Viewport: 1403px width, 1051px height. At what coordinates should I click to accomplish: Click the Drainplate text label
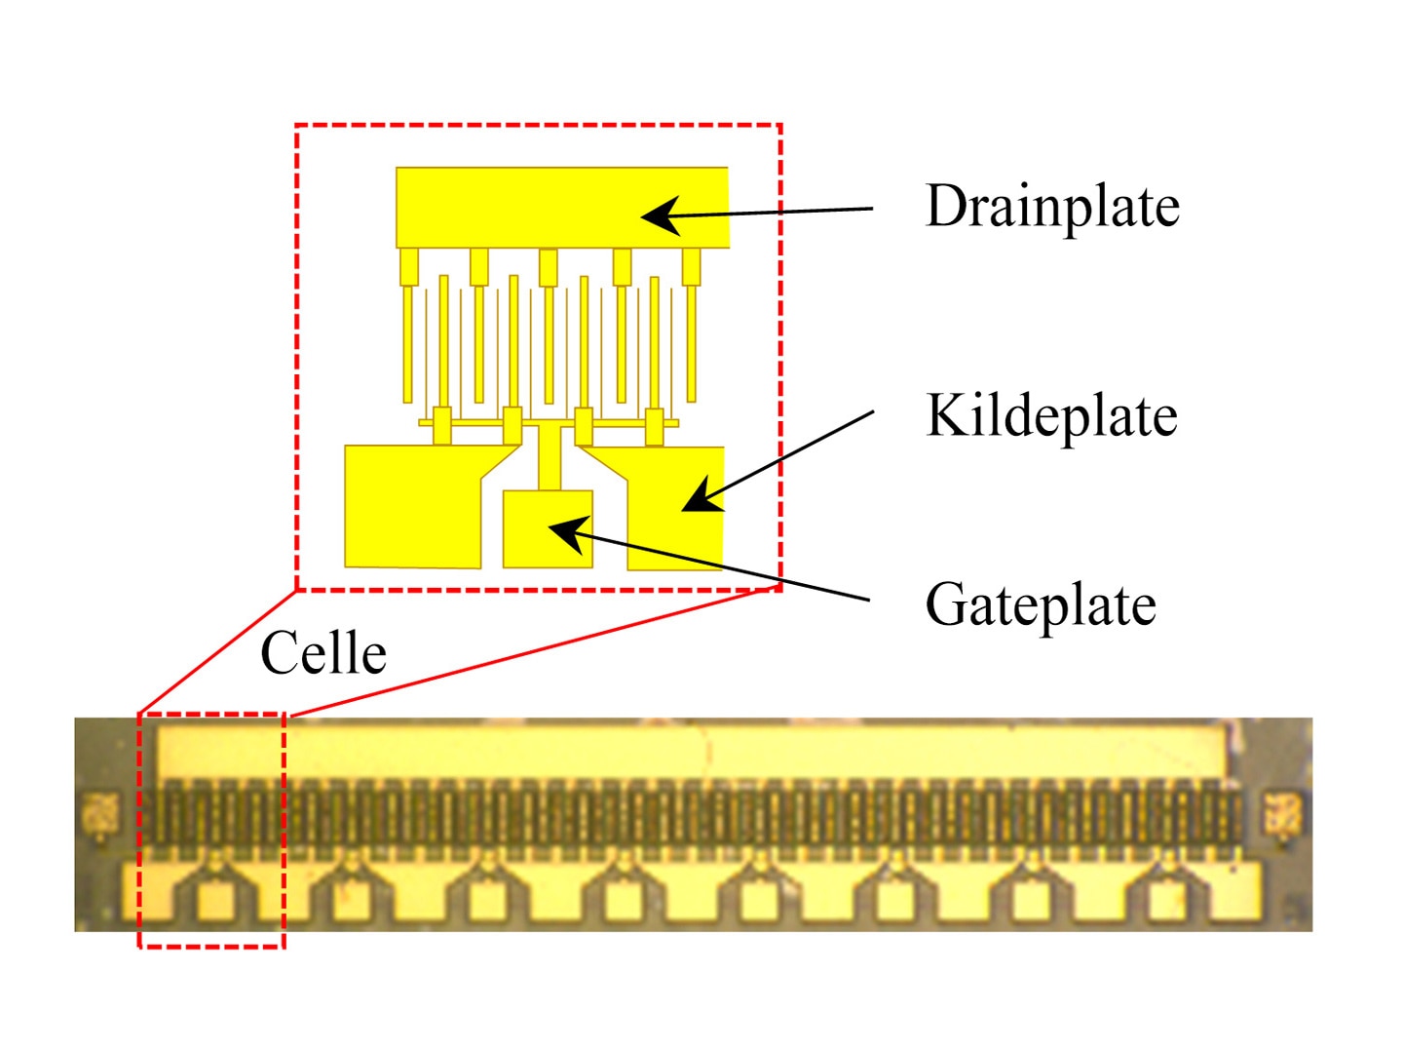[x=1051, y=206]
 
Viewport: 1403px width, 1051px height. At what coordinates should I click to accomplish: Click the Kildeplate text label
[x=1051, y=415]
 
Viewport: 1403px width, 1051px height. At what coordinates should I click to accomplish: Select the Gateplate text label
[x=1040, y=604]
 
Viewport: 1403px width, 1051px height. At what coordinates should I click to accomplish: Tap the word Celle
[x=323, y=652]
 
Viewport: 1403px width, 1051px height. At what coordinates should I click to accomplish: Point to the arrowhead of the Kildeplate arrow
[x=701, y=495]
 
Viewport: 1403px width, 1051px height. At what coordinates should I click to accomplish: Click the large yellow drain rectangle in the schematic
[x=562, y=208]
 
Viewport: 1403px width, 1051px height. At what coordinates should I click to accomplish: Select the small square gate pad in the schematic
[x=548, y=528]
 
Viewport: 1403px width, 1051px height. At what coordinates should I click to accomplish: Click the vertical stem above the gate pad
[x=550, y=457]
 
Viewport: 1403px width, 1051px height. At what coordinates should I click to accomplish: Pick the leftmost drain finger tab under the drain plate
[x=409, y=267]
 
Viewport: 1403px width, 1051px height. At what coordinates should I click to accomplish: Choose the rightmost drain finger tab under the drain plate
[x=691, y=267]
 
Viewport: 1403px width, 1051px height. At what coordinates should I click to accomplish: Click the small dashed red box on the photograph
[x=138, y=830]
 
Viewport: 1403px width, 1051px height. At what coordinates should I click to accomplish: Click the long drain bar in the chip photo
[x=692, y=754]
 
